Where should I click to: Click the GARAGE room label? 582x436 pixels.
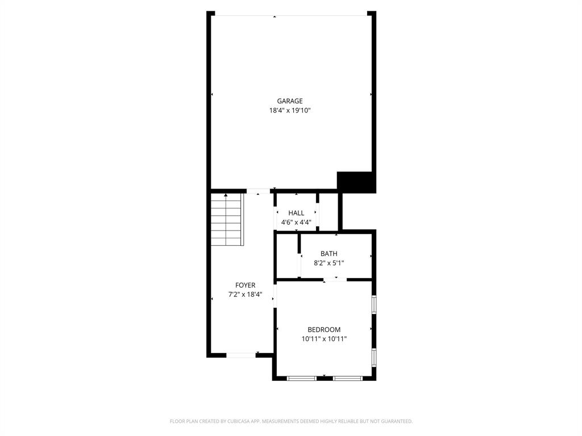pos(290,101)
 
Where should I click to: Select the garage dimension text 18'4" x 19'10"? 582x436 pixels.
pos(290,111)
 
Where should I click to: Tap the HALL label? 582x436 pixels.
pos(296,213)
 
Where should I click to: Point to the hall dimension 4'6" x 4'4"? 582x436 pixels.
pos(296,223)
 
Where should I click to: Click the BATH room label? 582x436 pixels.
pos(329,254)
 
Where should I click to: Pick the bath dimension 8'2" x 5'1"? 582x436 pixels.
pos(329,263)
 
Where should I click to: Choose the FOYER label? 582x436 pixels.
pos(246,285)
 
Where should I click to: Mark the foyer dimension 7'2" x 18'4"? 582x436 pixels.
pos(246,295)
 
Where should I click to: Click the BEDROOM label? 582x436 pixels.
pos(324,329)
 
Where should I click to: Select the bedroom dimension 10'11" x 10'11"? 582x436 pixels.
pos(324,339)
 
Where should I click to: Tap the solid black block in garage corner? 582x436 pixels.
pos(356,182)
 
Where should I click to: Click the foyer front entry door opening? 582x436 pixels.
pos(241,355)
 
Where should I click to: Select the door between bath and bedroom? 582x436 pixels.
pos(335,279)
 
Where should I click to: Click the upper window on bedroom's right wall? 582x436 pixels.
pos(373,305)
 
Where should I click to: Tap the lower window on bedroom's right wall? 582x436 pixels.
pos(373,357)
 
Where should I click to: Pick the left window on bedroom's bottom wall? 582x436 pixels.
pos(302,378)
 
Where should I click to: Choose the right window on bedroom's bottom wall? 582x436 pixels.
pos(347,378)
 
